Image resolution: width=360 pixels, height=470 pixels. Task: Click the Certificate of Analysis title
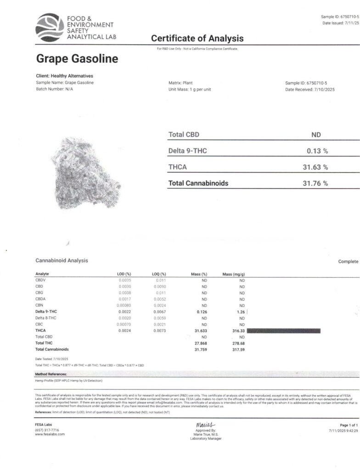tap(197, 39)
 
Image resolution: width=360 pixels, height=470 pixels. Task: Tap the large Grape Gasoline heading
tap(77, 59)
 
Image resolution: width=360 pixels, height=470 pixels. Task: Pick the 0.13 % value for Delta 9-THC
tap(317, 151)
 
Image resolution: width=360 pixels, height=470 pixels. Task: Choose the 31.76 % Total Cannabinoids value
tap(315, 183)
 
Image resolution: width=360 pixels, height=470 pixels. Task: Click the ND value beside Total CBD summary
tap(316, 135)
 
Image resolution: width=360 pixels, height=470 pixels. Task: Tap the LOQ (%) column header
tap(158, 274)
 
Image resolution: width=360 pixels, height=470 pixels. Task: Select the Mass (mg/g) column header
tap(234, 274)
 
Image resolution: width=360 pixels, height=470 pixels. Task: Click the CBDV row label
tap(41, 280)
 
